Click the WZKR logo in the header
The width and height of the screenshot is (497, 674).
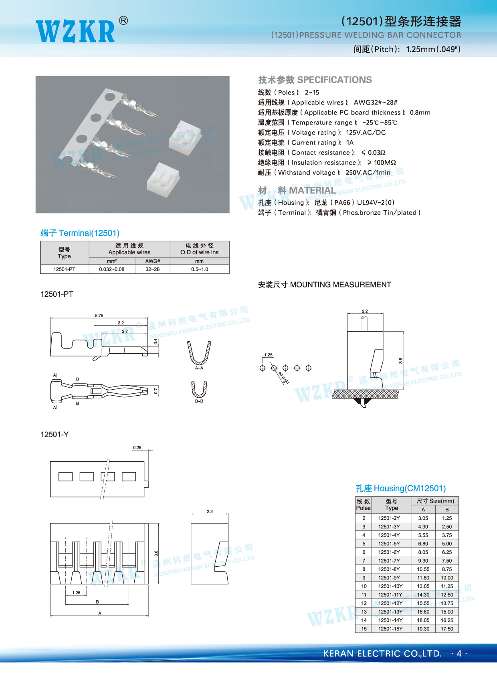tap(76, 31)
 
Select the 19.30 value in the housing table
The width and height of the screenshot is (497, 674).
tap(423, 629)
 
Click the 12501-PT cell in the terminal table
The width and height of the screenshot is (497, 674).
tap(64, 269)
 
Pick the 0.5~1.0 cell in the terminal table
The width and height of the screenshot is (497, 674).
tap(199, 269)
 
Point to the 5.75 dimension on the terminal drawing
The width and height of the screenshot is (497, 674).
tap(99, 316)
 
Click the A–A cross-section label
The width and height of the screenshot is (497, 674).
tap(199, 368)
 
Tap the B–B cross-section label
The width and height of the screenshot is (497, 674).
tap(199, 401)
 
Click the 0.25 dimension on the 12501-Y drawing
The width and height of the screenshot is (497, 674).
tap(137, 448)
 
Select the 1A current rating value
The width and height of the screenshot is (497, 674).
tap(350, 143)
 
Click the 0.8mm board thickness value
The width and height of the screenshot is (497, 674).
tap(420, 113)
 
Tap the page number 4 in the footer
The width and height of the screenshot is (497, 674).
tap(459, 654)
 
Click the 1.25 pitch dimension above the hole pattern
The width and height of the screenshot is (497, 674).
tap(268, 355)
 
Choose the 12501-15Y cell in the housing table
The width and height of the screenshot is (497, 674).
tap(390, 629)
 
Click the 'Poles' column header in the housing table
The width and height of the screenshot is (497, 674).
tap(363, 505)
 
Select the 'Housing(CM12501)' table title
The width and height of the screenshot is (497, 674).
tap(400, 489)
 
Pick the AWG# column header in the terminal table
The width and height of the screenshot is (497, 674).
tap(152, 261)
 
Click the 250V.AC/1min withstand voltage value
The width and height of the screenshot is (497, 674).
tap(368, 173)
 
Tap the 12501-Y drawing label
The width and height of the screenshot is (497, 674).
tap(55, 435)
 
